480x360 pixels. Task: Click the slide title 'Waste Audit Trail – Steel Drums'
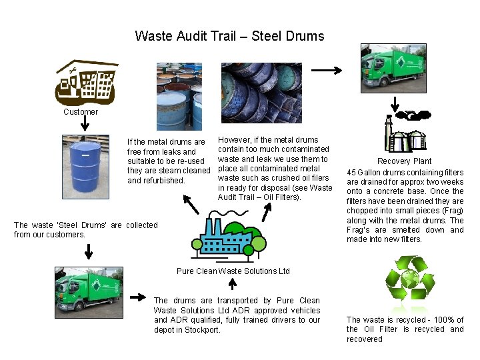click(x=229, y=36)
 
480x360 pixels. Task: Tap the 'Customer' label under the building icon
click(x=81, y=112)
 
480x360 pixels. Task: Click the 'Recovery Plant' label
click(x=404, y=161)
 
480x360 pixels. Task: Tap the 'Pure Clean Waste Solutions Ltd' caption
click(x=233, y=271)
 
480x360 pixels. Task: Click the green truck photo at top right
click(x=393, y=69)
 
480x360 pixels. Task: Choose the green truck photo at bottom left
click(x=89, y=289)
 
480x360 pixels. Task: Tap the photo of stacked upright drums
click(x=179, y=96)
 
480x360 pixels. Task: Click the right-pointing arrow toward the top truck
click(x=327, y=69)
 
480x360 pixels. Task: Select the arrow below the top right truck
click(x=395, y=105)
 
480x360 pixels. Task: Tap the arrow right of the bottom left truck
click(x=138, y=297)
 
